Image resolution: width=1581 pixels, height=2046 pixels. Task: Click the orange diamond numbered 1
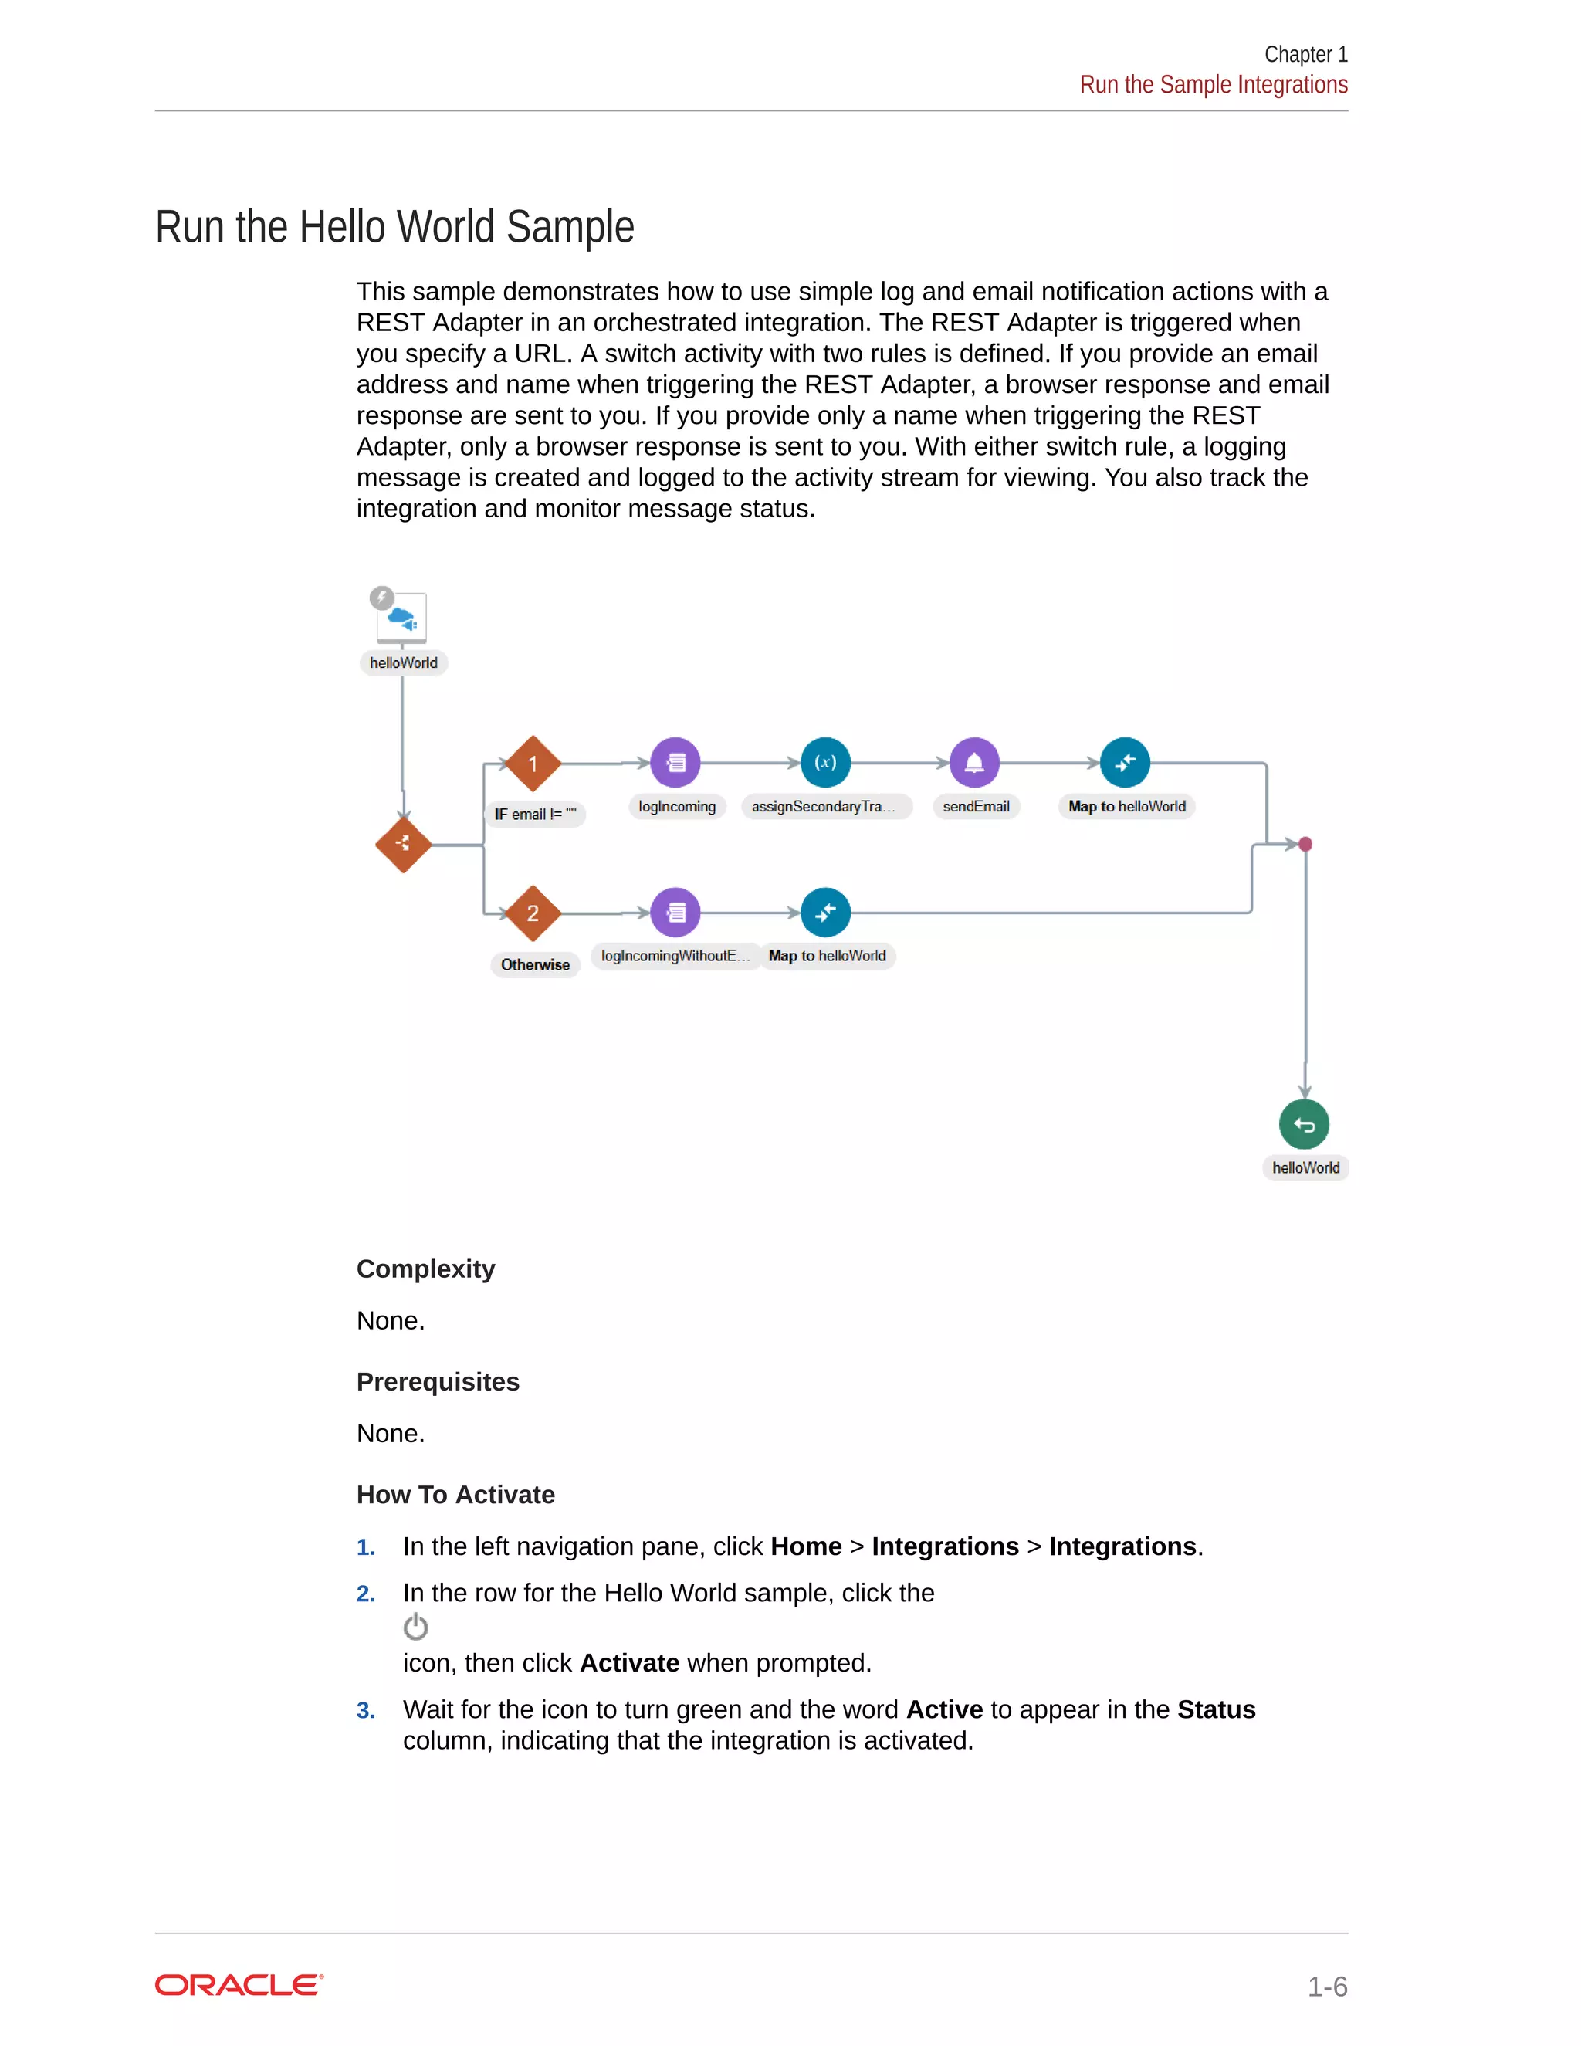coord(533,764)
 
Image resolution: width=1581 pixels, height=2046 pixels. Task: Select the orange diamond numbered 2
coord(533,913)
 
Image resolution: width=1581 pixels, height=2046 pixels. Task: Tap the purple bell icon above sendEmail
coord(974,763)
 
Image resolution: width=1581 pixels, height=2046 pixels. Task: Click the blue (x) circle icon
coord(825,763)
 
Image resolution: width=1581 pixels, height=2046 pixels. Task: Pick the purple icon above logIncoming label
coord(675,763)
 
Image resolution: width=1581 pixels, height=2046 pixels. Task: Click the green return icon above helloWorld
coord(1304,1124)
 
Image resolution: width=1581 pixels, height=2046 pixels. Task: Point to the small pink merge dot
coord(1305,844)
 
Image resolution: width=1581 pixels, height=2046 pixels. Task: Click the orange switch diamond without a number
coord(403,845)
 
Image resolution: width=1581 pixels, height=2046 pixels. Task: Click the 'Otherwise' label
coord(535,965)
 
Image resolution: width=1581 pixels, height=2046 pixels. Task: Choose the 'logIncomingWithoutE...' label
coord(675,956)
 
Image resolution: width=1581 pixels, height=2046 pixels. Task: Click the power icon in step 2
coord(415,1628)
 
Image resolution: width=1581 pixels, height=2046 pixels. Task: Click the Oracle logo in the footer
coord(239,1984)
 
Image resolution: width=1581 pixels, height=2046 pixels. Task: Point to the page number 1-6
coord(1326,1986)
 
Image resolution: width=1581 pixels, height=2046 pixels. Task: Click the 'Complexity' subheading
coord(425,1269)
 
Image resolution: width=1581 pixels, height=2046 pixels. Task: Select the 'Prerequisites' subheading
coord(438,1382)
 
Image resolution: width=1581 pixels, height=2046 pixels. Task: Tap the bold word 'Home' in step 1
coord(805,1546)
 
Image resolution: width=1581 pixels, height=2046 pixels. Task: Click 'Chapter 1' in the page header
coord(1305,54)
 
